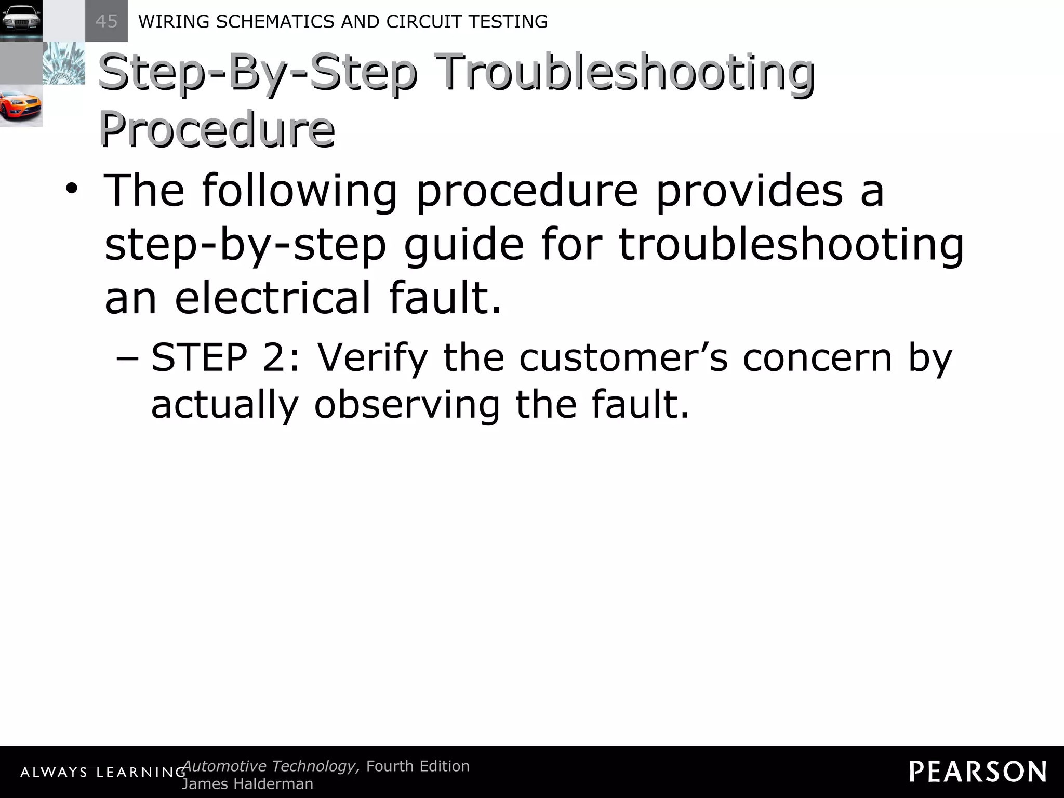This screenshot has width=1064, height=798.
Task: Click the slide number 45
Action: pyautogui.click(x=107, y=21)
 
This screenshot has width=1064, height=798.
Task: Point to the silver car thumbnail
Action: pyautogui.click(x=21, y=21)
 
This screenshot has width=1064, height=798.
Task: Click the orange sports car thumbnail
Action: pyautogui.click(x=21, y=106)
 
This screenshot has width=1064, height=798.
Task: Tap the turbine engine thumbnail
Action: pyautogui.click(x=63, y=63)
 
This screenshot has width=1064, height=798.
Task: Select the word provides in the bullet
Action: pyautogui.click(x=749, y=191)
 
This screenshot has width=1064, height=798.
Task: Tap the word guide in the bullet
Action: pyautogui.click(x=463, y=245)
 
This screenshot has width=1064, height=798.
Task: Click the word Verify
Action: pyautogui.click(x=372, y=358)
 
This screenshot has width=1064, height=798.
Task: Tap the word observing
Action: pyautogui.click(x=407, y=404)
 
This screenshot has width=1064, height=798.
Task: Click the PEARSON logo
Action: pyautogui.click(x=977, y=772)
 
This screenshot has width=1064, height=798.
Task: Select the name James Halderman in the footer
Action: pyautogui.click(x=247, y=784)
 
